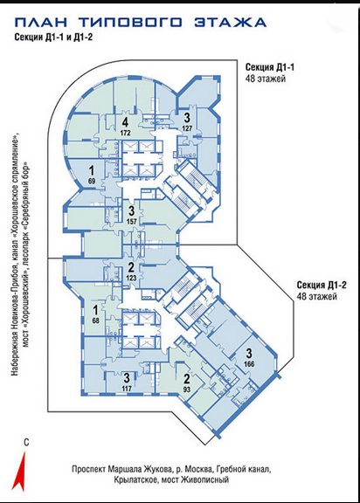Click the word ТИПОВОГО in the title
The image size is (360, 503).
130,23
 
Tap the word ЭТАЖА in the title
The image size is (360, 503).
230,23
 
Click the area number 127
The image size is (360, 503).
187,128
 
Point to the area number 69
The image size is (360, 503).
92,182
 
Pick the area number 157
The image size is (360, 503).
132,221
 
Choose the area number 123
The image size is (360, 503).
132,278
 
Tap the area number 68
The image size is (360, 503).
95,320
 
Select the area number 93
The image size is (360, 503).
186,389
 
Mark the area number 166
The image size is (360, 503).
249,364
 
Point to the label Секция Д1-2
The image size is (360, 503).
322,286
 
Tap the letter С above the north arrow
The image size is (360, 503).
26,443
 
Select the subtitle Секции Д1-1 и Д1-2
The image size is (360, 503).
53,38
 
